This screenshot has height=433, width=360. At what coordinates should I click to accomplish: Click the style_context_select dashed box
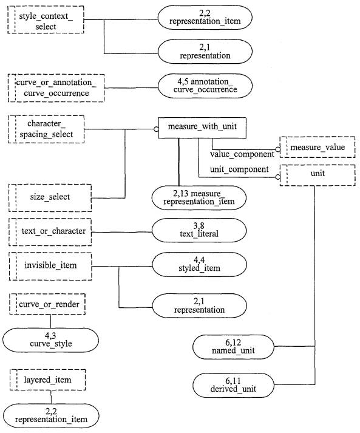pos(46,19)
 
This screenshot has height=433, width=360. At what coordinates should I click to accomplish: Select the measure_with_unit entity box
pos(202,128)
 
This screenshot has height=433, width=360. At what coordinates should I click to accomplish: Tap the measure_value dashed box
pos(318,147)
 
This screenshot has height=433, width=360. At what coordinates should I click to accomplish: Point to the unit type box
pos(318,176)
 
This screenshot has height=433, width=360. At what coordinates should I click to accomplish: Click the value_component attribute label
pos(242,154)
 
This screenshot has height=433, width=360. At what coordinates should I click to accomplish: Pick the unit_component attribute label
pos(239,169)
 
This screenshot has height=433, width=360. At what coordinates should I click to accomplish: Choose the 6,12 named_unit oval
pos(233,347)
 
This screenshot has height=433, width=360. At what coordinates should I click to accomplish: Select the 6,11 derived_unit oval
pos(233,385)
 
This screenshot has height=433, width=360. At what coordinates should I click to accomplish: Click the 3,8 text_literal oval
pos(199,230)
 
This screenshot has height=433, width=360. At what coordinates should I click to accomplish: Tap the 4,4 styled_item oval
pos(199,265)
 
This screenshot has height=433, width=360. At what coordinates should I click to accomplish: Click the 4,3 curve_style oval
pos(51,340)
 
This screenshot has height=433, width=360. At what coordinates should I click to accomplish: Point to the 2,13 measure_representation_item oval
pos(199,198)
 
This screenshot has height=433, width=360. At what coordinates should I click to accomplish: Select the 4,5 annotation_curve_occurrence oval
pos(205,86)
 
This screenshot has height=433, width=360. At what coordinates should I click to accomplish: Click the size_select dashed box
pos(50,198)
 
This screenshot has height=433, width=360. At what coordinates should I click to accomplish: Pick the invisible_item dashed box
pos(50,266)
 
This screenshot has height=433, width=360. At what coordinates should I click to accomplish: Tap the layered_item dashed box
pos(47,380)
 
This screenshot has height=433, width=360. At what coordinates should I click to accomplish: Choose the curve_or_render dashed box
pos(47,304)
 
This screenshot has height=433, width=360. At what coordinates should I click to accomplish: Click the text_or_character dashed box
pos(50,232)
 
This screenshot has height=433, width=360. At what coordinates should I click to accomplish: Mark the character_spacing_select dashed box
pos(46,129)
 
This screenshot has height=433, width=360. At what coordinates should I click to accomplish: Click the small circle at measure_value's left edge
pos(277,149)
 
